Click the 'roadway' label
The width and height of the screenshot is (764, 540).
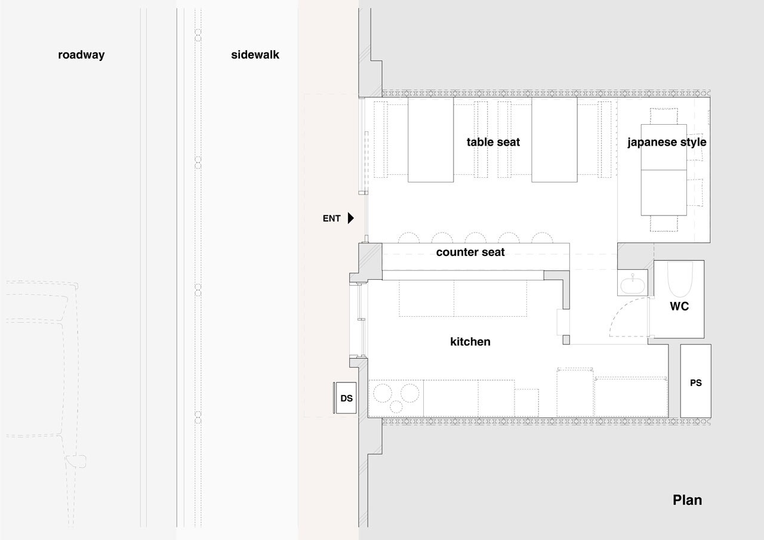coord(81,55)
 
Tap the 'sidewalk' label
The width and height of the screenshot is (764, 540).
coord(255,54)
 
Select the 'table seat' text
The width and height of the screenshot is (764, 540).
coord(493,142)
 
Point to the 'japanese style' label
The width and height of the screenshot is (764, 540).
coord(667,143)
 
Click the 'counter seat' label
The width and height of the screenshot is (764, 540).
coord(470,252)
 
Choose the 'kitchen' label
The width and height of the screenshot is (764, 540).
coord(470,341)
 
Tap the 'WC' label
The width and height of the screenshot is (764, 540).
coord(679,306)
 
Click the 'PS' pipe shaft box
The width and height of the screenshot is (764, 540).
coord(696,381)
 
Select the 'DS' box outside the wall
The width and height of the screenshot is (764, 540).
coord(346,398)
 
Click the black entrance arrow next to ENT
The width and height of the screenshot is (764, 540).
coord(350,218)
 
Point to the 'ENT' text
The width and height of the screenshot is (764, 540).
coord(331,218)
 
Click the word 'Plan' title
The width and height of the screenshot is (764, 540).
coord(687,500)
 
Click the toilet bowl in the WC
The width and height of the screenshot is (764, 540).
coord(680,279)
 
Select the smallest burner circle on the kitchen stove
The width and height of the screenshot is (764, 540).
coord(396,407)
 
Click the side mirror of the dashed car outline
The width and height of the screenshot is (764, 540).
coord(76,461)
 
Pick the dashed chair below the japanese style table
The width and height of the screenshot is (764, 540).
coord(664,224)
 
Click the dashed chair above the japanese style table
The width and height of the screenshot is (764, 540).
coord(664,116)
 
